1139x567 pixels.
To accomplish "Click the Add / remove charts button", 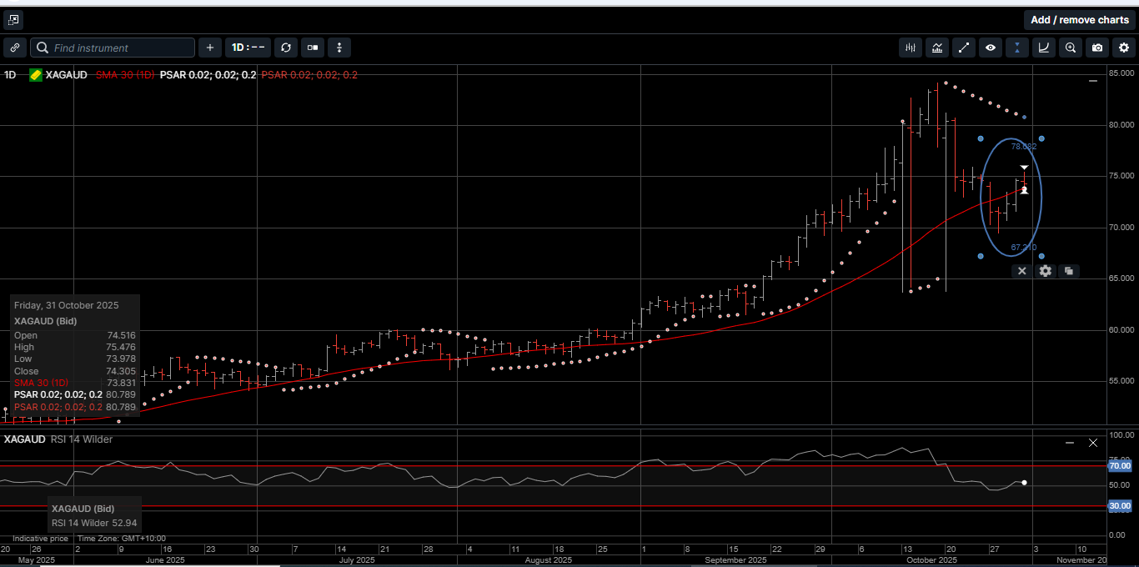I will tap(1079, 20).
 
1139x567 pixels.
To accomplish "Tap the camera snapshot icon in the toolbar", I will tap(1096, 48).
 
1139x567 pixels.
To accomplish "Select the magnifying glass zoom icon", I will tap(1070, 48).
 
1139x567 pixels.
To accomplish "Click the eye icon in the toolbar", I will tap(990, 48).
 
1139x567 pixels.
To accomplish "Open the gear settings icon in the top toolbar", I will tap(1123, 48).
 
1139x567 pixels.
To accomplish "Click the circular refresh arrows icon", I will tap(286, 48).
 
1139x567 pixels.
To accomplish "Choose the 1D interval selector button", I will tap(248, 48).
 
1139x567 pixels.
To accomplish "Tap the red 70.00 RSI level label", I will tap(1119, 466).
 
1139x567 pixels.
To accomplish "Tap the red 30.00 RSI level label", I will tap(1119, 506).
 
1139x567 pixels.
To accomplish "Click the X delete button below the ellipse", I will tap(1021, 271).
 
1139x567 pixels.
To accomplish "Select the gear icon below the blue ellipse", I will tap(1045, 271).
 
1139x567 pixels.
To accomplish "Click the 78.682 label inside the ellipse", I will tap(1023, 147).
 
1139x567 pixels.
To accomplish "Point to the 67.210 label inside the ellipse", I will tap(1023, 248).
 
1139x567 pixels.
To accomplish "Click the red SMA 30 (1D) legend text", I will tap(124, 75).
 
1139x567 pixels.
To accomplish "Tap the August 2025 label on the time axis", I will tap(548, 560).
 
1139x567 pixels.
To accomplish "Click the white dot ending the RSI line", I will tap(1024, 483).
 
